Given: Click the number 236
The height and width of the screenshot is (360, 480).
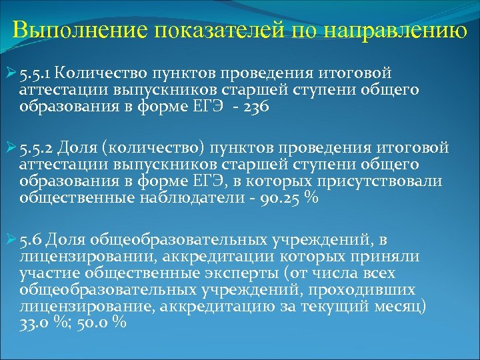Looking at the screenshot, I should (256, 107).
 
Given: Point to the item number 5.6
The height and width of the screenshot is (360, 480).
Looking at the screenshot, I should (32, 240).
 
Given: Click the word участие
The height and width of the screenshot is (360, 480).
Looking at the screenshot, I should (45, 273).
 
